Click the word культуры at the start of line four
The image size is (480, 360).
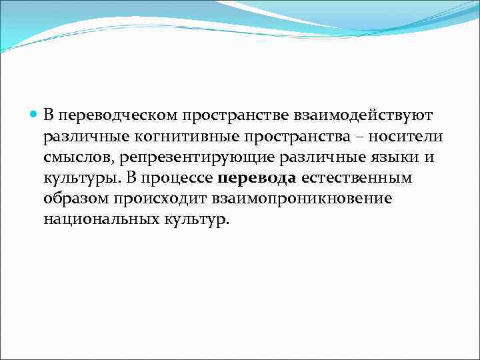[77, 179]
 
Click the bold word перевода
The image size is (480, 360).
[257, 179]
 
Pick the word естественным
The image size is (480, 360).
[357, 179]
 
